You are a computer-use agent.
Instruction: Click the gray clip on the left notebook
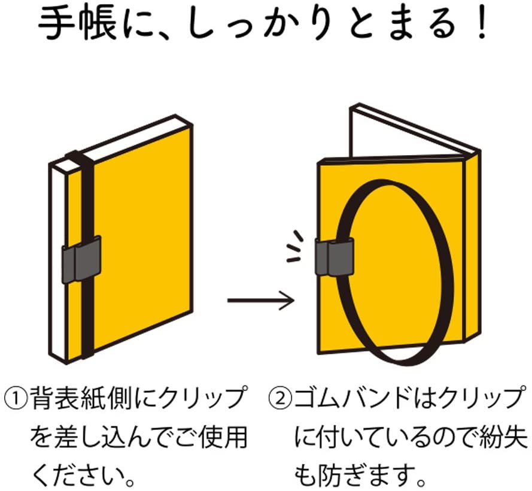click(x=81, y=259)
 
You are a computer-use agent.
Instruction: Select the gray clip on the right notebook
click(x=335, y=257)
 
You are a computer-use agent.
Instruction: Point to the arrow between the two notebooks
click(x=260, y=300)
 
